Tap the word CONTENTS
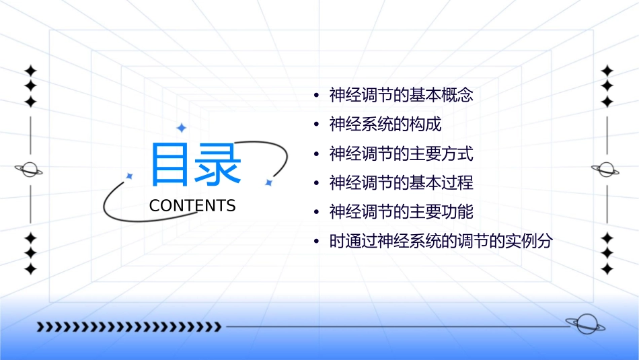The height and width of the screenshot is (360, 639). [192, 206]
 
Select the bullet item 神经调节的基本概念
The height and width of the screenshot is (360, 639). [401, 95]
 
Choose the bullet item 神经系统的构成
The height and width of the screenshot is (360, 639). [385, 124]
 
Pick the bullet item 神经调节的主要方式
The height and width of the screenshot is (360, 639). [401, 153]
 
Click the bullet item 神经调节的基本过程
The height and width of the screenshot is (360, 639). [401, 182]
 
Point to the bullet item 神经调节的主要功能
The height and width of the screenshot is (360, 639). [401, 212]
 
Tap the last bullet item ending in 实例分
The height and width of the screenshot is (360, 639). [441, 242]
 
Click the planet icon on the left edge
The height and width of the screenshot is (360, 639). [30, 170]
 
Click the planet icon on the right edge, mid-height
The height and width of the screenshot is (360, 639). [607, 170]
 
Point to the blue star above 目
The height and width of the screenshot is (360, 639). [180, 128]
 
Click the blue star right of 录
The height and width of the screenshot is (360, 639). [268, 182]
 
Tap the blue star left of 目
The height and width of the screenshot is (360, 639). [130, 176]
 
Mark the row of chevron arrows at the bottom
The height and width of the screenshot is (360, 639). [128, 327]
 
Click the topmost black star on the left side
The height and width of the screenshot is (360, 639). [30, 70]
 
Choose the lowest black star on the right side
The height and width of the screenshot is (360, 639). [607, 269]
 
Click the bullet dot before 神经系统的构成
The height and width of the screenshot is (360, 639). [317, 125]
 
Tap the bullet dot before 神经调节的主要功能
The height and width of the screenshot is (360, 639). [317, 213]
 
